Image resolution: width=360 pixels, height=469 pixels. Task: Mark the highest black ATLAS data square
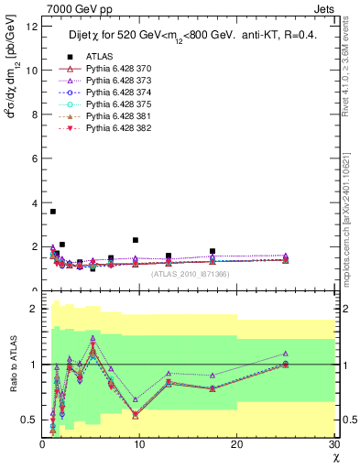(x=53, y=212)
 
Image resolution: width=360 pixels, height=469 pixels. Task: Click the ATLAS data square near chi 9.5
(x=136, y=240)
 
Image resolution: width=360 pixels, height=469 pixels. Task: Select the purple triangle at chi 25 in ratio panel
(x=286, y=354)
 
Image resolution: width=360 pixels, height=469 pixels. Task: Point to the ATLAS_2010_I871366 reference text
(x=190, y=274)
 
